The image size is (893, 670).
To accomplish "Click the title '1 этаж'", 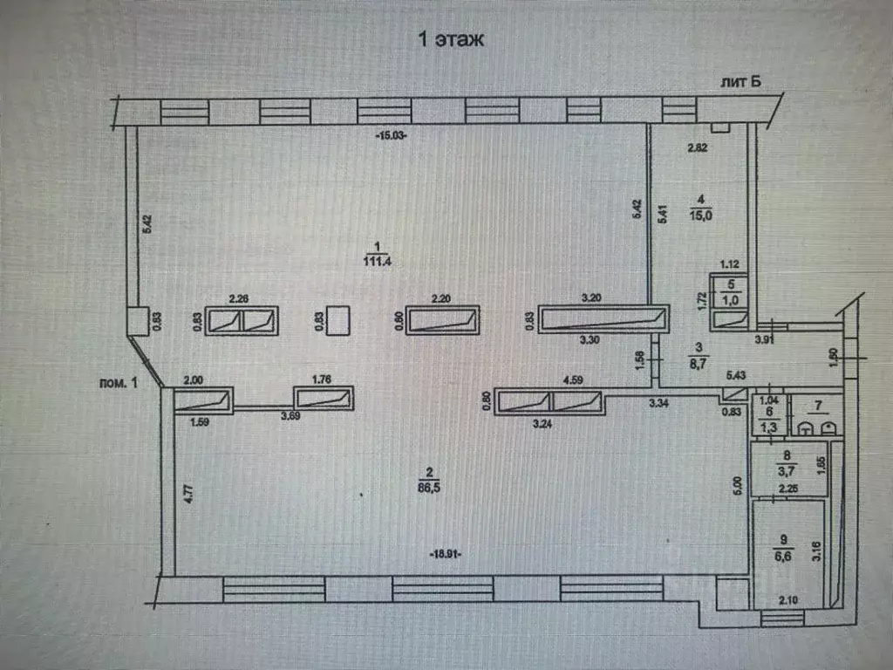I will (451, 39).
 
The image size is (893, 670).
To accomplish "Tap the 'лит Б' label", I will (740, 81).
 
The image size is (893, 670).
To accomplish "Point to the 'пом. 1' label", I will (119, 382).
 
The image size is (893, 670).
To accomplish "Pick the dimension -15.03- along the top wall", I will (392, 136).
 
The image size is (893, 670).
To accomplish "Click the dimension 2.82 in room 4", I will (697, 148).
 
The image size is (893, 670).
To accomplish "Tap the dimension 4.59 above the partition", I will (572, 380).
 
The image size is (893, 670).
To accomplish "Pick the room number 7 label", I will (816, 407).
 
